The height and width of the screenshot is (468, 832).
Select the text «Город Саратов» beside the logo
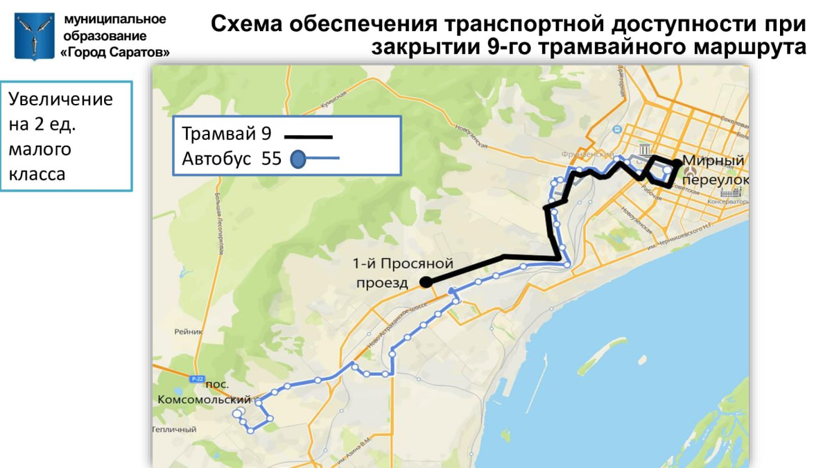[115, 52]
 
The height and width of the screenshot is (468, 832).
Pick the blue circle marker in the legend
[298, 159]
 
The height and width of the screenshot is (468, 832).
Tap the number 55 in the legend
[271, 159]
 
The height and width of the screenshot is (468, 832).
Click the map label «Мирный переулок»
[715, 170]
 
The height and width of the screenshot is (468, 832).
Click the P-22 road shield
[197, 379]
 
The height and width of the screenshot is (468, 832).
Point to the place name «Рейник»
[189, 331]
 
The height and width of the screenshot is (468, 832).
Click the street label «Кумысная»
[332, 104]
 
